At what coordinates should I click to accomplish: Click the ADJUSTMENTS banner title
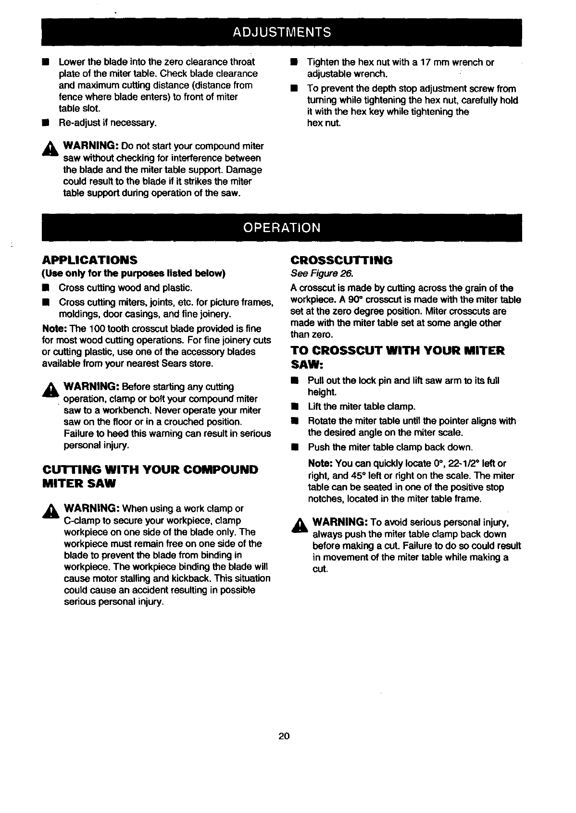(x=282, y=32)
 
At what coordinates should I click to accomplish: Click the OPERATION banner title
(x=282, y=227)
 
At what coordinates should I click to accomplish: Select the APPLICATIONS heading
(x=89, y=260)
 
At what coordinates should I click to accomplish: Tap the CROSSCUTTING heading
(x=341, y=260)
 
